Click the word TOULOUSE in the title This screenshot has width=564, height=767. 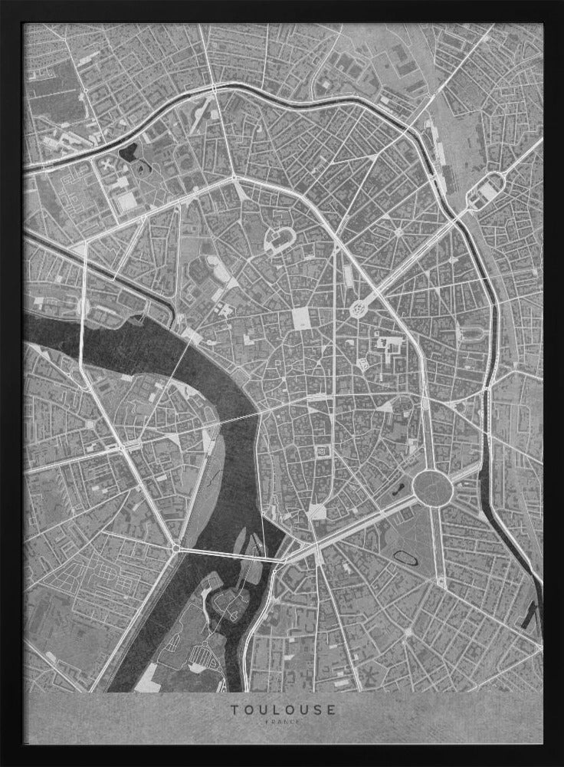(283, 709)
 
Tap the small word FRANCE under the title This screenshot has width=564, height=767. (283, 723)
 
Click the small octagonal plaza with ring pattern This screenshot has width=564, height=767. (358, 309)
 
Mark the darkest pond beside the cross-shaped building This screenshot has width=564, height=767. (128, 150)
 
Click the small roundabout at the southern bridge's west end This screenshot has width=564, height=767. (176, 548)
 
